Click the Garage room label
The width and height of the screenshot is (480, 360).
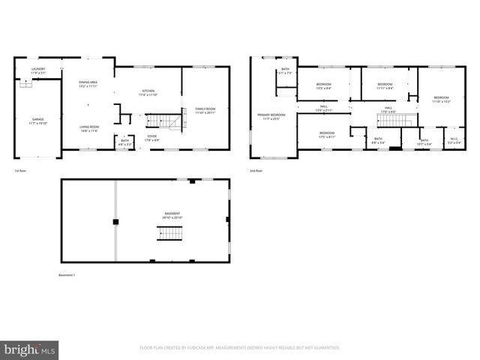[x=37, y=121]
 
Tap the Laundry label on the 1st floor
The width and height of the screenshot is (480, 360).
[x=37, y=70]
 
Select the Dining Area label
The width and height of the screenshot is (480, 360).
[x=88, y=83]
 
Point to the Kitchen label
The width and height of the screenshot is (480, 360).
[x=148, y=93]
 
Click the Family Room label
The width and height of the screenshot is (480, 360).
[x=205, y=110]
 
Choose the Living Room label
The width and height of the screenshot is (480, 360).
[x=91, y=128]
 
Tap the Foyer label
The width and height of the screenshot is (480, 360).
[x=151, y=137]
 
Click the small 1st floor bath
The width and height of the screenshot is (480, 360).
[x=124, y=142]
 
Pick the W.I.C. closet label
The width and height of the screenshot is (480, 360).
[x=454, y=139]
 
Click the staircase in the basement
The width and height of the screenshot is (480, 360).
[x=170, y=232]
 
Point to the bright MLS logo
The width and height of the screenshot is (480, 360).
[x=30, y=349]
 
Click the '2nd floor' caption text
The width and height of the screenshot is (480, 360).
[x=256, y=171]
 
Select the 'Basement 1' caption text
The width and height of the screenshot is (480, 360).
[x=67, y=275]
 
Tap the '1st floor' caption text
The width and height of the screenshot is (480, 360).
[x=21, y=171]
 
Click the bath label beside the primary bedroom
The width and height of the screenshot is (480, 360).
[x=286, y=71]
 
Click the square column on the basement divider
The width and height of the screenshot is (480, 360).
[x=115, y=222]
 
